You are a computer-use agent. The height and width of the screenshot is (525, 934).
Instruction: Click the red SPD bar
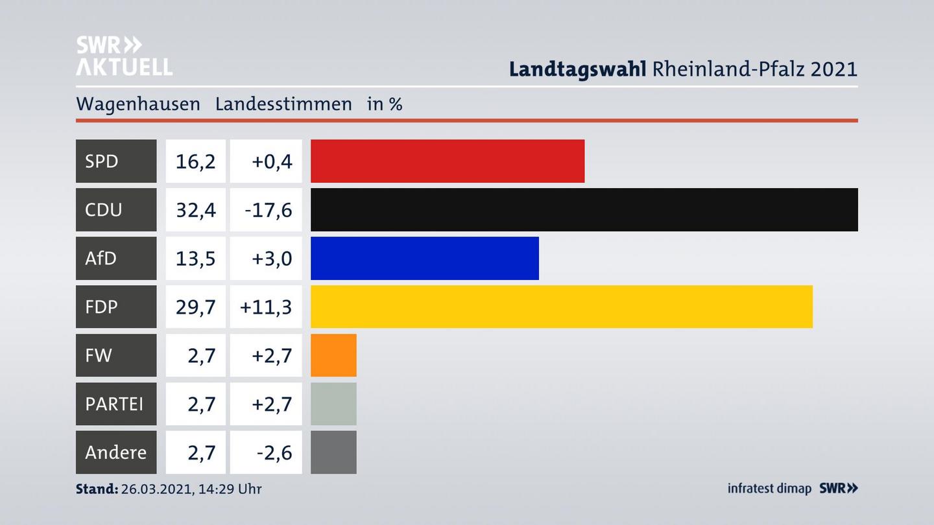tap(448, 161)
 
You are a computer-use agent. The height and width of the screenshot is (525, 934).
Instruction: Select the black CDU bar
tap(584, 209)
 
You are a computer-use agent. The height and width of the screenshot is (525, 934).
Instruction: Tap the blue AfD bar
tap(424, 258)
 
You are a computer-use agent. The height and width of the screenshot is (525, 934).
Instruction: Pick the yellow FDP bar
tap(561, 307)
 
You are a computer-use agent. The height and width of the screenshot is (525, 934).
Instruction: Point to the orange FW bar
tap(333, 355)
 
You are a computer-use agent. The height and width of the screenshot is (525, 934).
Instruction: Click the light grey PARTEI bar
tap(333, 404)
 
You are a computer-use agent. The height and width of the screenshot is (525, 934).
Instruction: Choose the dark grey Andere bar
tap(333, 452)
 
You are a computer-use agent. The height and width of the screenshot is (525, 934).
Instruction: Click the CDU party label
tap(104, 209)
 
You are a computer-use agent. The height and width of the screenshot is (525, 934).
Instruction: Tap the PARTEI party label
tap(114, 404)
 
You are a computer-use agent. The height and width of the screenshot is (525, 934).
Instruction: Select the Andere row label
tap(115, 452)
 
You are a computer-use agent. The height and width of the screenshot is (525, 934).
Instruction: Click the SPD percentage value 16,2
tap(195, 161)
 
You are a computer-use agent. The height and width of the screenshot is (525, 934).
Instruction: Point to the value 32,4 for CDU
tap(195, 209)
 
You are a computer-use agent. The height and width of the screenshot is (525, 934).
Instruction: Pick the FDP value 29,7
tap(195, 307)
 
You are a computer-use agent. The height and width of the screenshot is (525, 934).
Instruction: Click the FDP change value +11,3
tap(266, 307)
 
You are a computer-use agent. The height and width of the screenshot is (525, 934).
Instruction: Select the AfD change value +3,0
tap(271, 258)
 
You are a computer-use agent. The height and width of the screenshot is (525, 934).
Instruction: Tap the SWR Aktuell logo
tap(124, 56)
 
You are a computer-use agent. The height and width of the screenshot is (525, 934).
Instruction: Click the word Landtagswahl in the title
tap(577, 69)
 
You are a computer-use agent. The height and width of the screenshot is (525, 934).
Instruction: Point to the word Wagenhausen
tap(138, 104)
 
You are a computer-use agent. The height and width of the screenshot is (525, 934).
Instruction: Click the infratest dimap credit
tap(769, 488)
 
